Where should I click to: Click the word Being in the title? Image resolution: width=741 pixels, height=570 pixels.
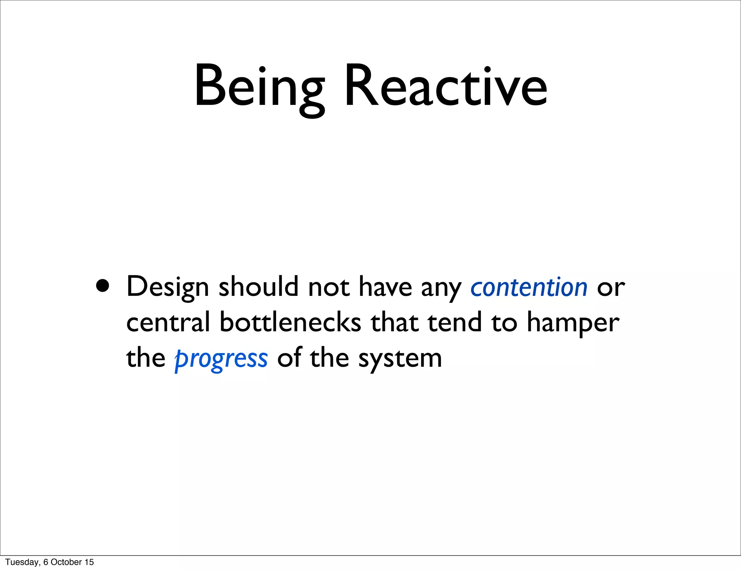click(259, 87)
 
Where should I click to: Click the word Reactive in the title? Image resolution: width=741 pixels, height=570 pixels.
click(446, 87)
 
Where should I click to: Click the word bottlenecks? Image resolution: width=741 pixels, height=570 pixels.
click(290, 322)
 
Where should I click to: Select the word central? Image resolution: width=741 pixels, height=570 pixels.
click(168, 322)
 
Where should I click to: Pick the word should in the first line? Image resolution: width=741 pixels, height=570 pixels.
click(258, 287)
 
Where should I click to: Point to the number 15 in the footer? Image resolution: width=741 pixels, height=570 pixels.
click(89, 562)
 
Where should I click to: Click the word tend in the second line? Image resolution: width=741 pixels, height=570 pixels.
click(455, 322)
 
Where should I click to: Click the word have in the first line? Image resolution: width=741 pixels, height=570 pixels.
click(385, 287)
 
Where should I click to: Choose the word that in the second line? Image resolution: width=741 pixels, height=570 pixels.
click(395, 322)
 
